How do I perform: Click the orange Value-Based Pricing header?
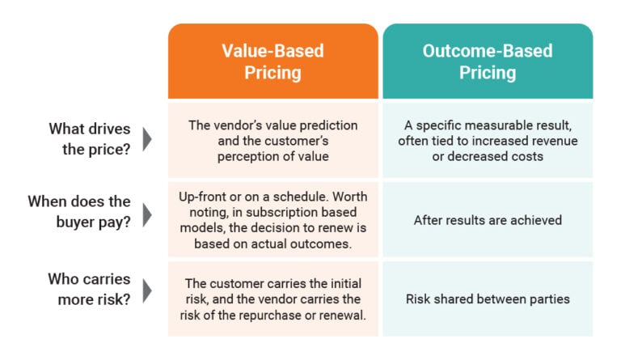(272, 61)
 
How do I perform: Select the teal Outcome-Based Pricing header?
(487, 61)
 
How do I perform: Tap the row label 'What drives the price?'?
(90, 138)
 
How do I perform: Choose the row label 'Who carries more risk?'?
(89, 289)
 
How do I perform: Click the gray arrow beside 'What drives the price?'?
(146, 138)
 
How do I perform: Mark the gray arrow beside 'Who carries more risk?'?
(146, 289)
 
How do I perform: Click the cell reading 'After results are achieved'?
(487, 219)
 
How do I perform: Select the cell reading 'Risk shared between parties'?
(487, 299)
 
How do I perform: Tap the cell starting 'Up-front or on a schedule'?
(272, 219)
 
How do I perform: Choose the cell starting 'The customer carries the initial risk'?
(272, 299)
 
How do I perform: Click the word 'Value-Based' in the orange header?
(272, 51)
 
